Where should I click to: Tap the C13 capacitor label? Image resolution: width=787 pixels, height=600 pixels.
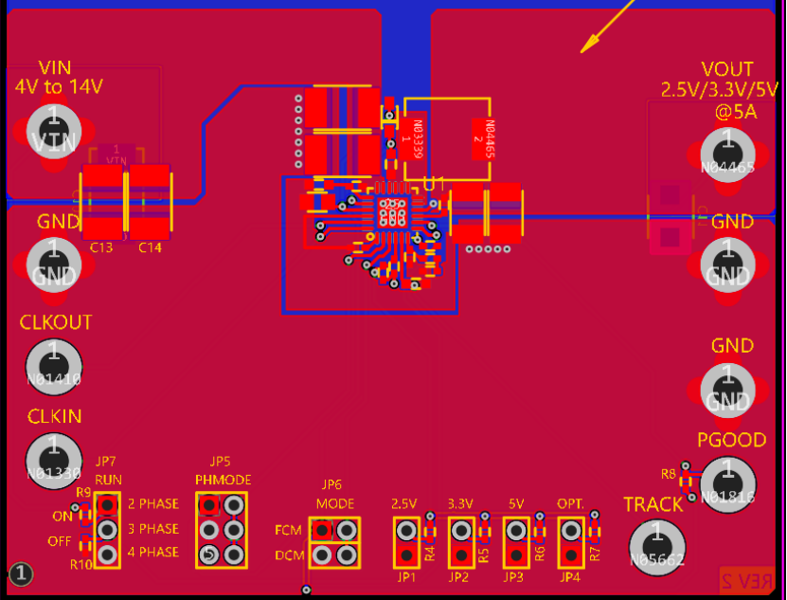click(x=101, y=247)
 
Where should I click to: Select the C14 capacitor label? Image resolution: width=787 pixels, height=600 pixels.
click(x=150, y=247)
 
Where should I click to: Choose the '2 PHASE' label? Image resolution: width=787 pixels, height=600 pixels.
click(x=152, y=504)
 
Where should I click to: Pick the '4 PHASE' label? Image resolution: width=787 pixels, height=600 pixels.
click(x=152, y=552)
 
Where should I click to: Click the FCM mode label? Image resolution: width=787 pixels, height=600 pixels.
click(x=288, y=530)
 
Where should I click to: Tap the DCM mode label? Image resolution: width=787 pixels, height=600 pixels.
click(x=288, y=555)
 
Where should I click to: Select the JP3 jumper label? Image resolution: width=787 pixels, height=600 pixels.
click(x=513, y=576)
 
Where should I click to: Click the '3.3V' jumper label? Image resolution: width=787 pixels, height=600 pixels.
click(x=460, y=503)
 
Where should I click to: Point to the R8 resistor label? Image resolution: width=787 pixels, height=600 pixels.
click(x=669, y=473)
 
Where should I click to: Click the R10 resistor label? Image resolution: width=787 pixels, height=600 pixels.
click(x=80, y=565)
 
